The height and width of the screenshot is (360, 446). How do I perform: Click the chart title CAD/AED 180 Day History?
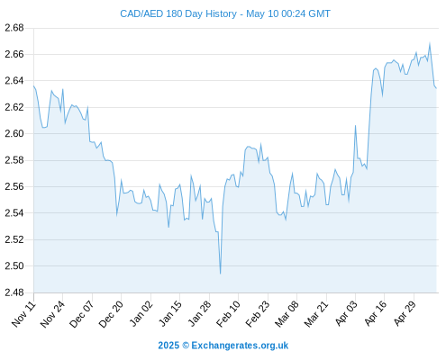point(178,13)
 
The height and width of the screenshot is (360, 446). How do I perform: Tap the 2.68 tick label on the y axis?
point(14,28)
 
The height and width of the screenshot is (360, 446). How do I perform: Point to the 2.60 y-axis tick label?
point(14,133)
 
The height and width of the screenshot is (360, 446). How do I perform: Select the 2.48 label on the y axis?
point(14,292)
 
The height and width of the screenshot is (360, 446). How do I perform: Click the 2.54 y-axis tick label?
point(14,213)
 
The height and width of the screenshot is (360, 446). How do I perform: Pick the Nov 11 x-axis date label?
point(24,314)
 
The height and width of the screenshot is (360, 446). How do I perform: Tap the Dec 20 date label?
point(111,314)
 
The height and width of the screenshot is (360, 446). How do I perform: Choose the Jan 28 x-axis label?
point(199,314)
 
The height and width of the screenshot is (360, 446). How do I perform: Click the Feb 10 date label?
point(229,314)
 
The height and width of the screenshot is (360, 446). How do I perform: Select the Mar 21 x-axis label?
point(316,314)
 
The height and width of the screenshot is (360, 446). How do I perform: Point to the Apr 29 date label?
point(405,314)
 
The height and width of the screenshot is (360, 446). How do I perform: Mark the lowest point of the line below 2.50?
point(221,274)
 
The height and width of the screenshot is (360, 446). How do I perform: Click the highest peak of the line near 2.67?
point(430,43)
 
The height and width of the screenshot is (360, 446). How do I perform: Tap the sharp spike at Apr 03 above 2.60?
point(355,126)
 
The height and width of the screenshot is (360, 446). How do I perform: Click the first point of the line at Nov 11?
point(33,86)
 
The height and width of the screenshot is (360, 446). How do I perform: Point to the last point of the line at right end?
point(436,88)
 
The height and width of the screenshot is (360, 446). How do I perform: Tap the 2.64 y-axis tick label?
point(14,81)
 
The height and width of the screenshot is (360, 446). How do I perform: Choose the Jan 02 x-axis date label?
point(141,314)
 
